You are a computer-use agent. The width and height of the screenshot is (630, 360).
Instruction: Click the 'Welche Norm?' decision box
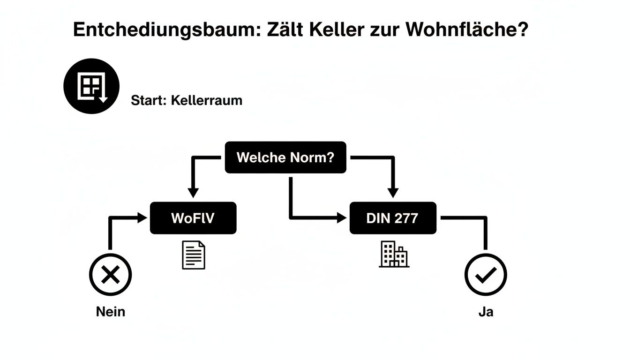click(x=285, y=157)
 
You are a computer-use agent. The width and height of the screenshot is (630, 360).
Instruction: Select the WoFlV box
click(x=193, y=218)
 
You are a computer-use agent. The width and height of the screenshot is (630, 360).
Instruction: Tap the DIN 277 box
click(x=393, y=218)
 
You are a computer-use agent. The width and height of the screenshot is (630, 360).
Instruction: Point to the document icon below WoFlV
click(x=194, y=255)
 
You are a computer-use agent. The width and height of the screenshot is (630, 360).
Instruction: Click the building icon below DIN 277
click(x=394, y=255)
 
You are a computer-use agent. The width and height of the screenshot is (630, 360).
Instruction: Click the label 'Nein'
click(x=111, y=311)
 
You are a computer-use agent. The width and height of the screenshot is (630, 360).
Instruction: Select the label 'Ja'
click(x=486, y=311)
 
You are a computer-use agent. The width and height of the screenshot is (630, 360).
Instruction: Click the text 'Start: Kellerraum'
click(x=187, y=100)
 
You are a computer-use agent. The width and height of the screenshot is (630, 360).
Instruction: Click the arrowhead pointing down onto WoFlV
click(x=193, y=192)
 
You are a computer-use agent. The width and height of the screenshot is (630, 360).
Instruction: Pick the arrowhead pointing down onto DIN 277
click(x=393, y=192)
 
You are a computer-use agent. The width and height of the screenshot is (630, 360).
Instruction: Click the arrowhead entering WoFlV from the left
click(x=142, y=218)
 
